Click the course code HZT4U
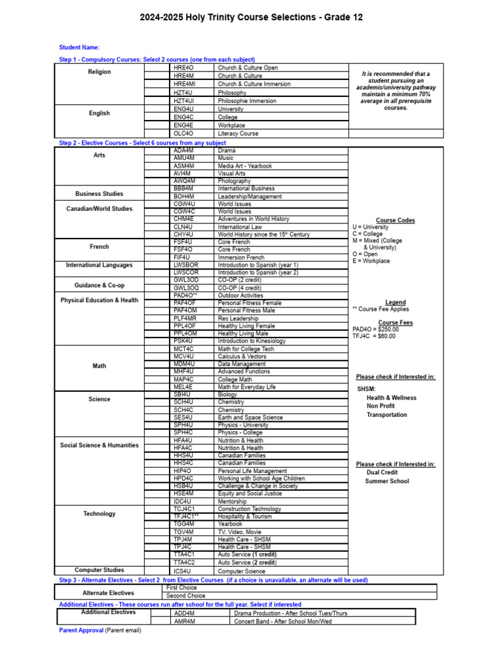[x=183, y=92]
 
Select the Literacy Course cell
[x=238, y=134]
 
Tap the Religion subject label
[x=100, y=72]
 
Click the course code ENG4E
[x=183, y=125]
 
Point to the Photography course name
[x=234, y=181]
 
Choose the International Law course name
[x=241, y=227]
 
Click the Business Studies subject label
[x=99, y=194]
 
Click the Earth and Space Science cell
[x=250, y=417]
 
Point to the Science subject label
[x=100, y=399]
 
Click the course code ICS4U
[x=183, y=571]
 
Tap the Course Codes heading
[x=395, y=220]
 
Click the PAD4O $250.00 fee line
[x=375, y=329]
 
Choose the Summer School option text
[x=387, y=481]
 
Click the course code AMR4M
[x=185, y=621]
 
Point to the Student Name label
[x=79, y=48]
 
